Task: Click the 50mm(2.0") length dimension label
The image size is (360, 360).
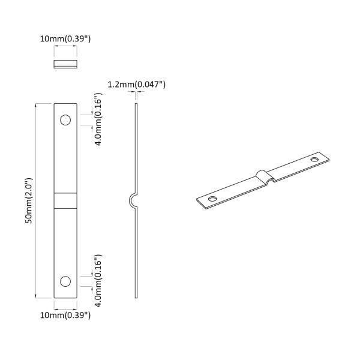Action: tap(28, 201)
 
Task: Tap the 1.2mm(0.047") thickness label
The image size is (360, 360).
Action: tap(136, 85)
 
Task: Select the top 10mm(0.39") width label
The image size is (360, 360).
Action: tap(65, 39)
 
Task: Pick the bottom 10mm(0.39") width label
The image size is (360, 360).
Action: tap(65, 314)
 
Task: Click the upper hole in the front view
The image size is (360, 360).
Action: tap(65, 121)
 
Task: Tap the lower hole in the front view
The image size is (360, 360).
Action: tap(65, 281)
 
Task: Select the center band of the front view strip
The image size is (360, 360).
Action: tap(65, 200)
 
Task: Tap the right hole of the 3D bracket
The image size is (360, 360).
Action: tap(315, 160)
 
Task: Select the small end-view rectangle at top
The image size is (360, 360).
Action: tap(65, 64)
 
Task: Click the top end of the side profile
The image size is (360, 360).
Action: tap(136, 105)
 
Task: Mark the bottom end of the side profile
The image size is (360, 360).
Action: tap(137, 296)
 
